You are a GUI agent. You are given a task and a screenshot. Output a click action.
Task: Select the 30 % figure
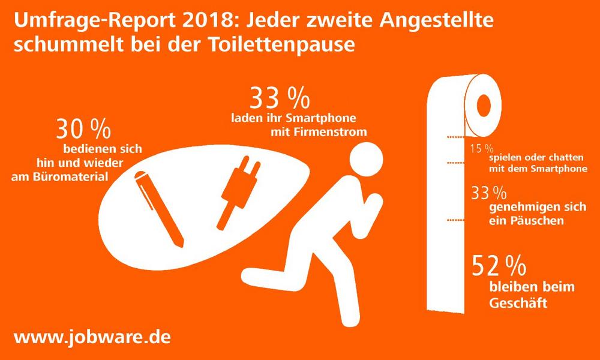(x=83, y=130)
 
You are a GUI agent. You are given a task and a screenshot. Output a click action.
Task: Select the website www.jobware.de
(x=92, y=336)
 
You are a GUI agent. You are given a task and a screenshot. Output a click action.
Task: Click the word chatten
(x=565, y=157)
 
